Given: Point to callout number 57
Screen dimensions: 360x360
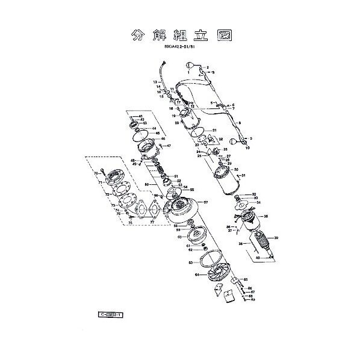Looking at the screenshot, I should pos(205,202).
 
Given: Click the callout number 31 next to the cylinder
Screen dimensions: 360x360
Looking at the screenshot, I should pos(244,175).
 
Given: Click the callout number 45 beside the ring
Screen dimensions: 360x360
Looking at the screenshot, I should pos(156,133).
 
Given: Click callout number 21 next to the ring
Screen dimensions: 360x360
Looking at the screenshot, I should pos(214,130).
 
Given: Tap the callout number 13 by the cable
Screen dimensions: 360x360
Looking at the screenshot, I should pos(155,82).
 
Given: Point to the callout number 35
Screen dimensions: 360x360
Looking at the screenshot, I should pos(265,216).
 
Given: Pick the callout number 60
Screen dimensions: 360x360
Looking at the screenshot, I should pos(179,237).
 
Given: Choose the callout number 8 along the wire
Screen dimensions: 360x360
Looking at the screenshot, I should pos(240,123).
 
